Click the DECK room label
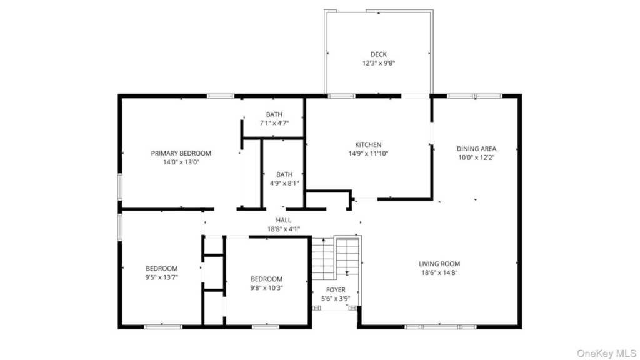point(378,54)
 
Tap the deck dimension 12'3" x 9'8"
point(378,63)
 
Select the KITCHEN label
point(368,144)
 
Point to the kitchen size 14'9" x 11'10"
point(368,154)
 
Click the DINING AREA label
point(476,149)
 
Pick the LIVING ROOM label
point(439,264)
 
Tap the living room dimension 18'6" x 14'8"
point(439,273)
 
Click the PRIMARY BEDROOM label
point(181,154)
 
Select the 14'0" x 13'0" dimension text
point(181,162)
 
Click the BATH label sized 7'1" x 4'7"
point(274,114)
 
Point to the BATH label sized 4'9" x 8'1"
point(284,174)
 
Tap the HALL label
point(284,221)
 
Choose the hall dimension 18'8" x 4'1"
point(284,229)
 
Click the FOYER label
point(336,290)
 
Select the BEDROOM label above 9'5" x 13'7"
point(162,269)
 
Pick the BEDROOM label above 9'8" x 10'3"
point(266,279)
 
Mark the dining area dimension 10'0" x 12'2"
point(476,158)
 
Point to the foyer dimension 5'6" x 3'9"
point(336,299)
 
